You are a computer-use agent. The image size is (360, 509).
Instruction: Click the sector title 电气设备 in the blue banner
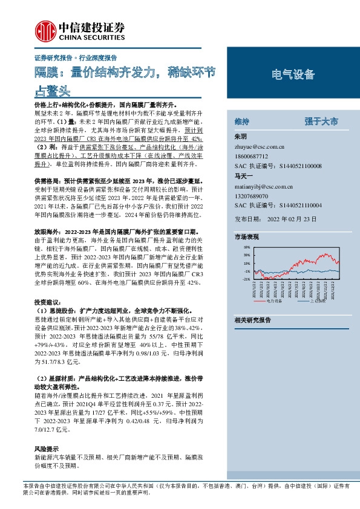(293, 75)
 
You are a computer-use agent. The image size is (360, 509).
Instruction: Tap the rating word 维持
(241, 122)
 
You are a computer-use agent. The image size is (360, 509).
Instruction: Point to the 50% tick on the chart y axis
(247, 248)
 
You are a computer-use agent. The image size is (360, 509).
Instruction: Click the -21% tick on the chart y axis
(247, 279)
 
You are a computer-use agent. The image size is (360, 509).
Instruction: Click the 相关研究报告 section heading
(252, 319)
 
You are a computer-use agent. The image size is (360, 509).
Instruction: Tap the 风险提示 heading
(46, 449)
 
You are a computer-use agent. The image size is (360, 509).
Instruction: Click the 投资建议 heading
(47, 301)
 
